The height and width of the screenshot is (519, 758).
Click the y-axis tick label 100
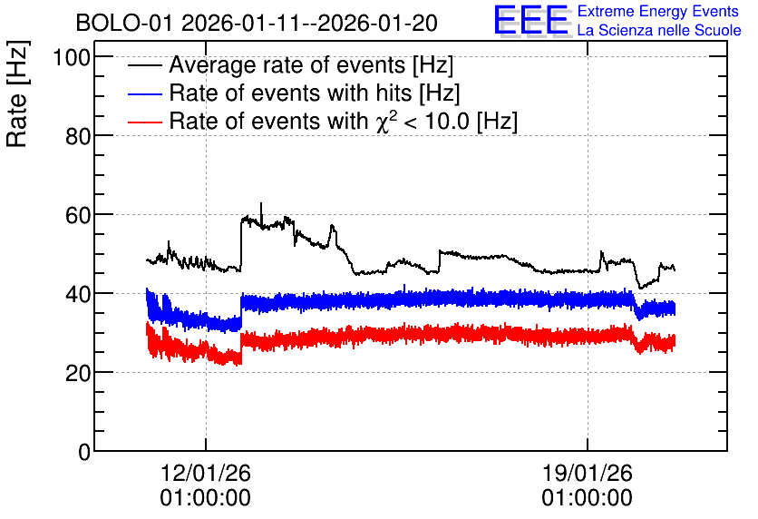[x=72, y=57]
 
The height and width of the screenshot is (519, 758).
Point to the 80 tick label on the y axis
[x=78, y=137]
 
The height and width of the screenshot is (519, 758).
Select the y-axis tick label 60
[x=78, y=216]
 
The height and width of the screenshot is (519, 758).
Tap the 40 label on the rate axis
[x=78, y=295]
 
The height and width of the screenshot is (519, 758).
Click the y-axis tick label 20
[x=78, y=374]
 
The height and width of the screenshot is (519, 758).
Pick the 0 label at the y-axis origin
[x=84, y=452]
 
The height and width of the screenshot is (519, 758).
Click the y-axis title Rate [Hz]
[x=16, y=93]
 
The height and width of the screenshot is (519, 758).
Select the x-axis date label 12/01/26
[x=206, y=473]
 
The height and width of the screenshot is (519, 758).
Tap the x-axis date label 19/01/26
[x=587, y=473]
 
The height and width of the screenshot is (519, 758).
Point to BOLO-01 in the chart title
[x=124, y=23]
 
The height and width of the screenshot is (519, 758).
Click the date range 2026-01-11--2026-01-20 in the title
[x=309, y=23]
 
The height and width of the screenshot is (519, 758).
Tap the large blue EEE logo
[x=532, y=21]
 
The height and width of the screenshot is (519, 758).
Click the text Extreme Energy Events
[x=658, y=11]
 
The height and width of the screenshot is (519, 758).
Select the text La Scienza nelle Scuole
[x=659, y=30]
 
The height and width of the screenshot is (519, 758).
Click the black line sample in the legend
[x=144, y=65]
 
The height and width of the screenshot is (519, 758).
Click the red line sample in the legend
[x=144, y=122]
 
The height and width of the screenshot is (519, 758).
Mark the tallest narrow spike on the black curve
[x=261, y=213]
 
